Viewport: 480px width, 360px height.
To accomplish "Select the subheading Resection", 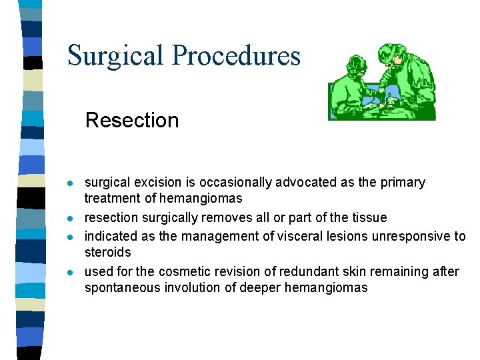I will (132, 120).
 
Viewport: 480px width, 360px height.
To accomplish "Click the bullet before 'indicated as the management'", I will (70, 237).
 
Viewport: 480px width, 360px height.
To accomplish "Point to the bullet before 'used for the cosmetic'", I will (70, 272).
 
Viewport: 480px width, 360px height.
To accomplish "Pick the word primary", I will (404, 183).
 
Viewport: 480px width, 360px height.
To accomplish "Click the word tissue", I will (369, 218).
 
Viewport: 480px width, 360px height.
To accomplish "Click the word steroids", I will (107, 252).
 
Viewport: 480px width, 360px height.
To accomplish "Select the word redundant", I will (291, 271).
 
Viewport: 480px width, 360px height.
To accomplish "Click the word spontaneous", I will (117, 288).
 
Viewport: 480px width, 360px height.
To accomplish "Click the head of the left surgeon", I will (354, 65).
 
